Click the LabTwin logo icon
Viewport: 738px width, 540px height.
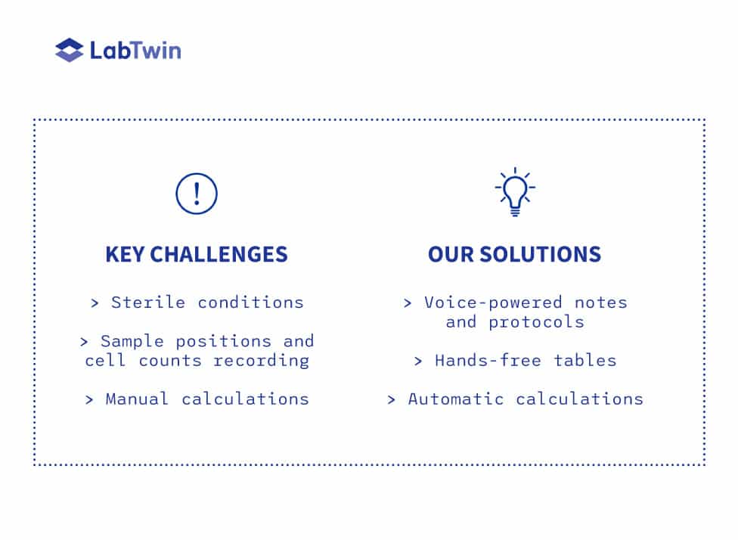70,50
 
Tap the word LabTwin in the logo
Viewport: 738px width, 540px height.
135,51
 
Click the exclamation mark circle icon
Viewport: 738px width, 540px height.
197,194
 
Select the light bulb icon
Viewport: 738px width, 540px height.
515,191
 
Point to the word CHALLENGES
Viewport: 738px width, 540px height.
219,254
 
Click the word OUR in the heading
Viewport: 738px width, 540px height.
451,254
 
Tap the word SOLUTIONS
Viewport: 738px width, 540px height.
541,254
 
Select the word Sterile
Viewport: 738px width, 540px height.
148,303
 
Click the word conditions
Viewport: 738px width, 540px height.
250,303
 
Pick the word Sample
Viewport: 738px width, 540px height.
132,341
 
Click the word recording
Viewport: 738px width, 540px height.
261,361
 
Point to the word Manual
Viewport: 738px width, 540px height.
137,399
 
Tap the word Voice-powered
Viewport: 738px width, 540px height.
493,303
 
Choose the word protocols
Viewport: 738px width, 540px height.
536,322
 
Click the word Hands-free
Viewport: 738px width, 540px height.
488,361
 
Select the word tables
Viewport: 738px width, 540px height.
585,361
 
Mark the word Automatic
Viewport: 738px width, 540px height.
456,399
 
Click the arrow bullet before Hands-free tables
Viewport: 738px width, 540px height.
418,362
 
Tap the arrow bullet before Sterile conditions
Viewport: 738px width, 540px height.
95,303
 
